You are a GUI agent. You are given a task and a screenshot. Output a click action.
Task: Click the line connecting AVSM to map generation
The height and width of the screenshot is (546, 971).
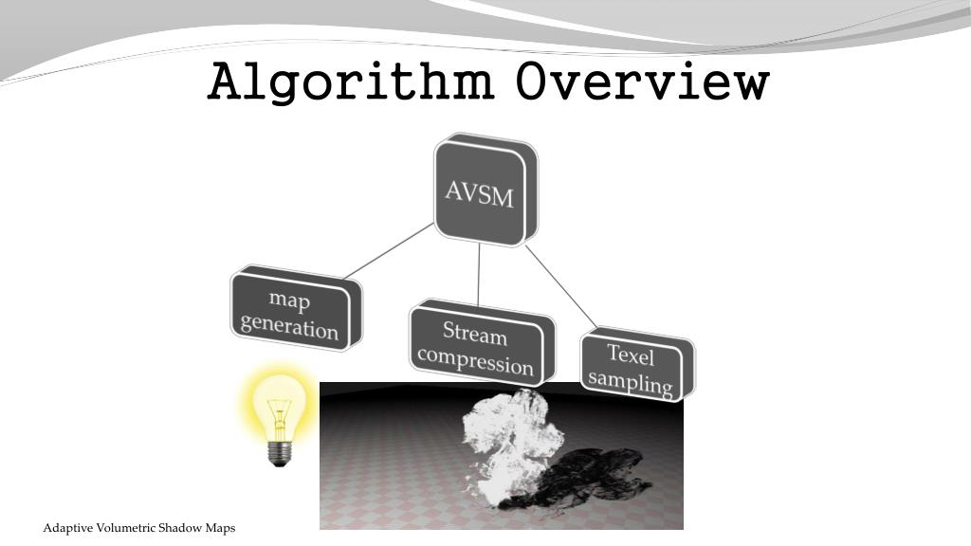tap(390, 251)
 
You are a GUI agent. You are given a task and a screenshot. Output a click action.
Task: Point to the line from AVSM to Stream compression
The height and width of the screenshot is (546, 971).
tap(479, 275)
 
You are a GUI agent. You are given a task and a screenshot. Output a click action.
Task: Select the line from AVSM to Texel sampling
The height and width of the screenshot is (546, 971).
tap(561, 289)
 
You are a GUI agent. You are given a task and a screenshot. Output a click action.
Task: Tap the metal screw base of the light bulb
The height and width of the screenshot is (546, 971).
tap(278, 452)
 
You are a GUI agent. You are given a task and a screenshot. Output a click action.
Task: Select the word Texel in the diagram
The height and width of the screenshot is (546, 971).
tap(632, 355)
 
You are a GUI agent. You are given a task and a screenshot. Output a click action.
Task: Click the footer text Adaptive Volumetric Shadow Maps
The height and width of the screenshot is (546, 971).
tap(139, 527)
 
